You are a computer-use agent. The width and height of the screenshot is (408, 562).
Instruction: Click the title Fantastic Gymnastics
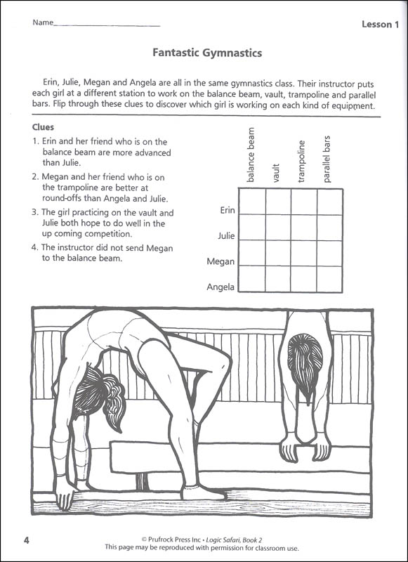pos(207,53)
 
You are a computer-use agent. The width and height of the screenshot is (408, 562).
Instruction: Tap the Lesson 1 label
pos(380,25)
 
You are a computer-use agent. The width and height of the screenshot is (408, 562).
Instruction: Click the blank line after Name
pos(107,26)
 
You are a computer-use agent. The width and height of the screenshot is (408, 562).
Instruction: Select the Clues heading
pos(43,127)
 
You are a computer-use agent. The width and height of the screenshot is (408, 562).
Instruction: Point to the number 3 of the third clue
pos(34,212)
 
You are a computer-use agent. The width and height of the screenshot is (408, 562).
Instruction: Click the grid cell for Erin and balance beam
pos(252,202)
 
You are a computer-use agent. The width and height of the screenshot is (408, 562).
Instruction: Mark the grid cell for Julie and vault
pos(278,228)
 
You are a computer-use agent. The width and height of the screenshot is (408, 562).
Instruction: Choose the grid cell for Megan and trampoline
pos(304,253)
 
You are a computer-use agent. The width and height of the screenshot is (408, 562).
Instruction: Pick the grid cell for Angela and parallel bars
pos(329,279)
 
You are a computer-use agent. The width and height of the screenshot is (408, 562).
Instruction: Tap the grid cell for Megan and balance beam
pos(252,253)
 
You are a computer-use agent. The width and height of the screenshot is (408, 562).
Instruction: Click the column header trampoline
pos(302,162)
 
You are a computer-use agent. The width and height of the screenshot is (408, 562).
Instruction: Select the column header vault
pos(275,173)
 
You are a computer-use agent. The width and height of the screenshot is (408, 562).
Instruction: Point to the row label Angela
pos(221,287)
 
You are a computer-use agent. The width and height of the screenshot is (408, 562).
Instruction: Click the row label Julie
pos(226,236)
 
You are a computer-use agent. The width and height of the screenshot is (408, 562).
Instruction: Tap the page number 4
pos(27,540)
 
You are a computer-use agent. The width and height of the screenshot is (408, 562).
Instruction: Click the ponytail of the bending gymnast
pos(114,401)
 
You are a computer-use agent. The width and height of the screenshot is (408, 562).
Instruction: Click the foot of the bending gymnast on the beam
pos(202,493)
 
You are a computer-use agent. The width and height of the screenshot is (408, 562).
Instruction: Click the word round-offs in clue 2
pos(62,198)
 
